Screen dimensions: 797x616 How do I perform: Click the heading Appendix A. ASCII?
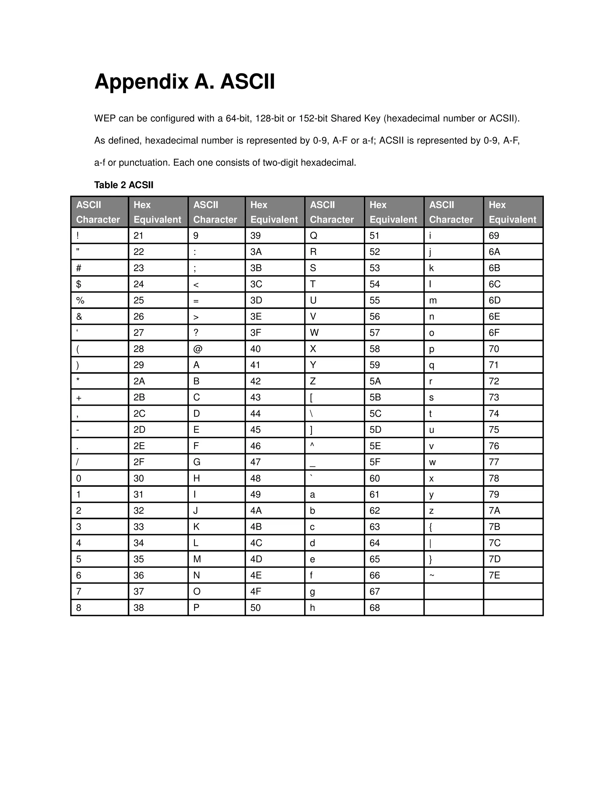[184, 82]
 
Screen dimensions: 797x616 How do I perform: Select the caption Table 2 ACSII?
[124, 185]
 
